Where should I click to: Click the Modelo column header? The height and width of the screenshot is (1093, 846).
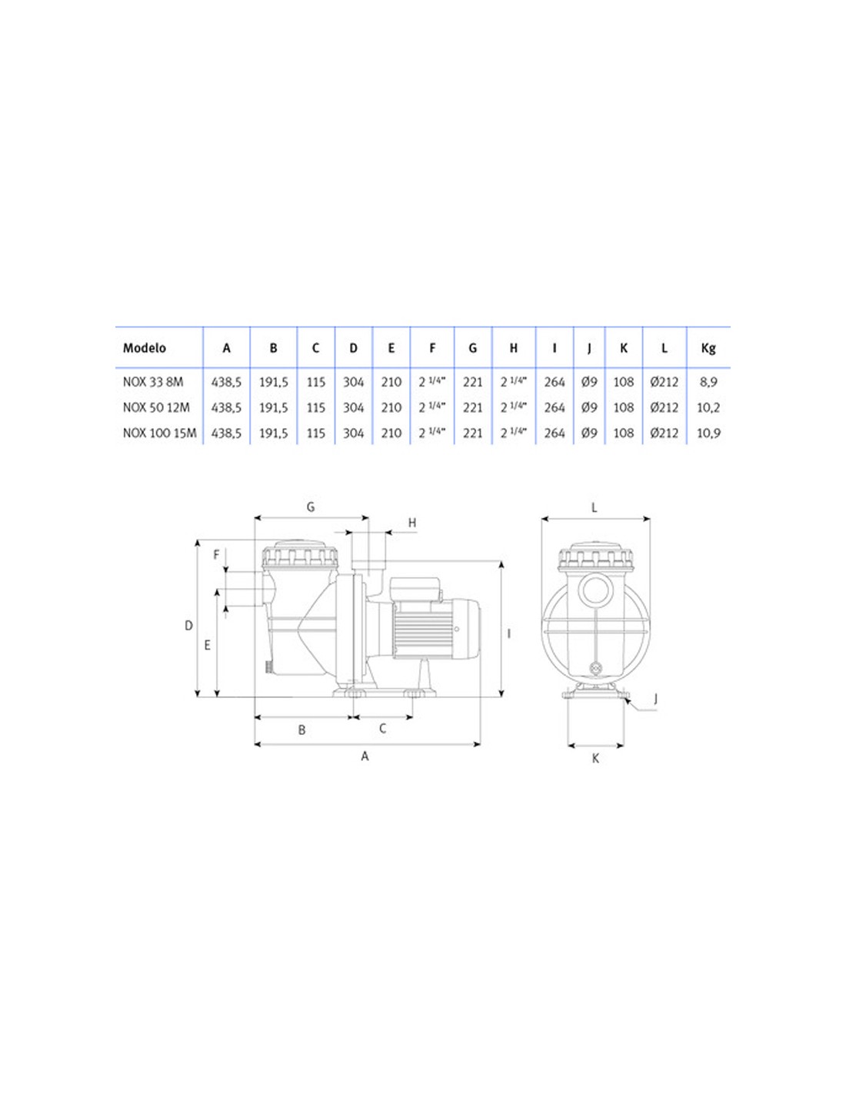pyautogui.click(x=145, y=348)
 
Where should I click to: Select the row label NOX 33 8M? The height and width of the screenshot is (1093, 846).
pyautogui.click(x=153, y=382)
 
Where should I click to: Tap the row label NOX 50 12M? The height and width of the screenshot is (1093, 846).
pyautogui.click(x=156, y=407)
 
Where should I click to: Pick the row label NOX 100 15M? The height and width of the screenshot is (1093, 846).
pyautogui.click(x=159, y=433)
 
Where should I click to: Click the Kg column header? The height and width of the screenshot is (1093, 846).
pyautogui.click(x=708, y=348)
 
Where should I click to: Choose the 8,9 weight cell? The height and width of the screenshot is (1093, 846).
pyautogui.click(x=708, y=382)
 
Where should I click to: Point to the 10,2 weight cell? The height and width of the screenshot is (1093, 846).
pyautogui.click(x=708, y=408)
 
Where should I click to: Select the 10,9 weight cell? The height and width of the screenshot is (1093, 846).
pyautogui.click(x=708, y=434)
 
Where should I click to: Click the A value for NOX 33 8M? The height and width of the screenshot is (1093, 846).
pyautogui.click(x=226, y=382)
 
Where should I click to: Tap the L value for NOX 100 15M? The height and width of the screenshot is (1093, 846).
pyautogui.click(x=664, y=433)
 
